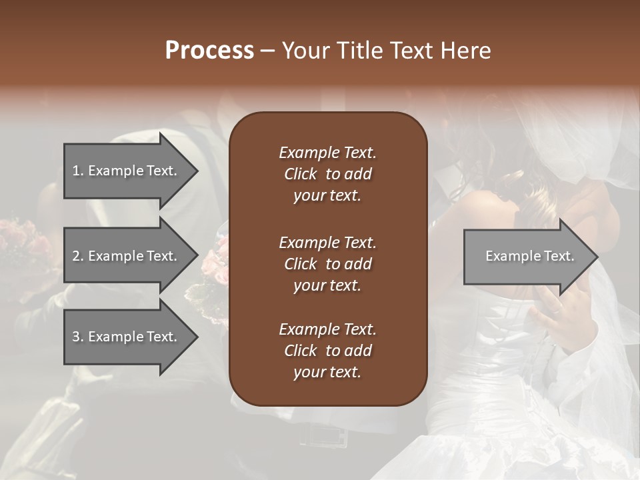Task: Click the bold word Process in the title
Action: click(x=209, y=51)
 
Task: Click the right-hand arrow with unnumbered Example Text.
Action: click(x=529, y=256)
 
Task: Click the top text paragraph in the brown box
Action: click(x=327, y=174)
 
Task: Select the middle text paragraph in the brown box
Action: click(x=327, y=264)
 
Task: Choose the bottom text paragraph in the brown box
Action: click(x=327, y=351)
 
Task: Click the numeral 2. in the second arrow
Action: click(x=78, y=256)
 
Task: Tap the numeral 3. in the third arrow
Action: click(x=78, y=337)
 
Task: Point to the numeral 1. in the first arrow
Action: click(x=77, y=171)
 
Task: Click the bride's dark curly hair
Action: click(x=493, y=167)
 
